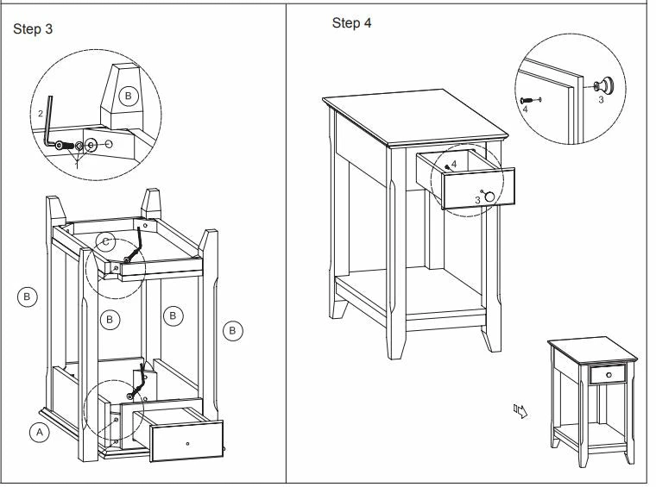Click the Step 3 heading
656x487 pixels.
coord(34,28)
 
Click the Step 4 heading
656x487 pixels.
coord(351,22)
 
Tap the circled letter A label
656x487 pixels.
coord(38,433)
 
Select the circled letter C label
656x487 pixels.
coord(105,242)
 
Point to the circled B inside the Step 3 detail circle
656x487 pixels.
coord(129,96)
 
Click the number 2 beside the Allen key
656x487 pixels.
coord(41,114)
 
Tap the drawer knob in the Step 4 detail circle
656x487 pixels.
coord(607,84)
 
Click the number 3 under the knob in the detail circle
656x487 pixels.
coord(601,101)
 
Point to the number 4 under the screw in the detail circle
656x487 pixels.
coord(524,110)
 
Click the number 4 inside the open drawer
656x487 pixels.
coord(453,164)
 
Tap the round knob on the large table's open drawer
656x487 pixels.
coord(490,197)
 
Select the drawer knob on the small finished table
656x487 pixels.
coord(607,375)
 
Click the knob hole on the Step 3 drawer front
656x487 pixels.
coord(186,443)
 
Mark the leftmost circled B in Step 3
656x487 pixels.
coord(27,297)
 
